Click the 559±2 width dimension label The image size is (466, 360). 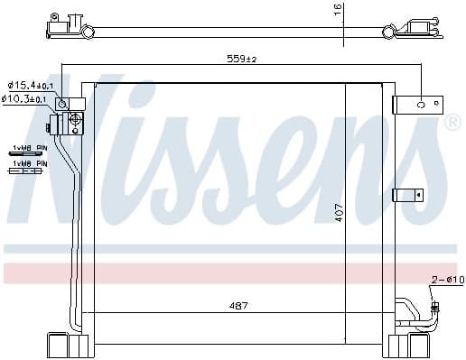241,60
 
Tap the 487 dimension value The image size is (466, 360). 237,304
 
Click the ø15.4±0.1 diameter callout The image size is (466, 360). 32,85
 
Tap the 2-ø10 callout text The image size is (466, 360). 447,280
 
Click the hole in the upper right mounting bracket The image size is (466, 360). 419,105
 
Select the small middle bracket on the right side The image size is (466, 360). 407,193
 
